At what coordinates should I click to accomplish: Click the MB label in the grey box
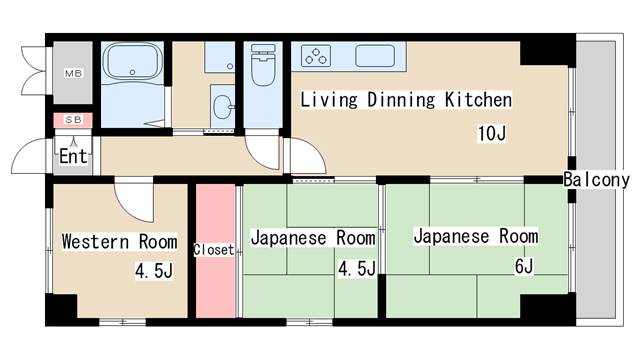pos(73,74)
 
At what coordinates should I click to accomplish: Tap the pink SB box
pos(73,121)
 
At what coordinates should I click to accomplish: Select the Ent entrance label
pos(73,156)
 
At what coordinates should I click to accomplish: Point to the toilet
pos(263,69)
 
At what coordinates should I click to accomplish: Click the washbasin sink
pos(222,104)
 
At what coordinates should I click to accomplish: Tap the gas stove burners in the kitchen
pos(318,56)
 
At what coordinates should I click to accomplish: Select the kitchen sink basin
pos(376,56)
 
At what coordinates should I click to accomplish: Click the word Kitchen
pos(477,100)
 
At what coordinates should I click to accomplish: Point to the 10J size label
pos(491,134)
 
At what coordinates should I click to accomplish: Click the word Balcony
pos(596,180)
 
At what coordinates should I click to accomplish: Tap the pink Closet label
pos(213,250)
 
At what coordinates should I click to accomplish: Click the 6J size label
pos(523,266)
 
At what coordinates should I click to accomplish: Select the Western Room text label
pos(119,242)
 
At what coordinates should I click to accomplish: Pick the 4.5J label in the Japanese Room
pos(357,269)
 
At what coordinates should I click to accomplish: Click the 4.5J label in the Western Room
pos(155,270)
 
